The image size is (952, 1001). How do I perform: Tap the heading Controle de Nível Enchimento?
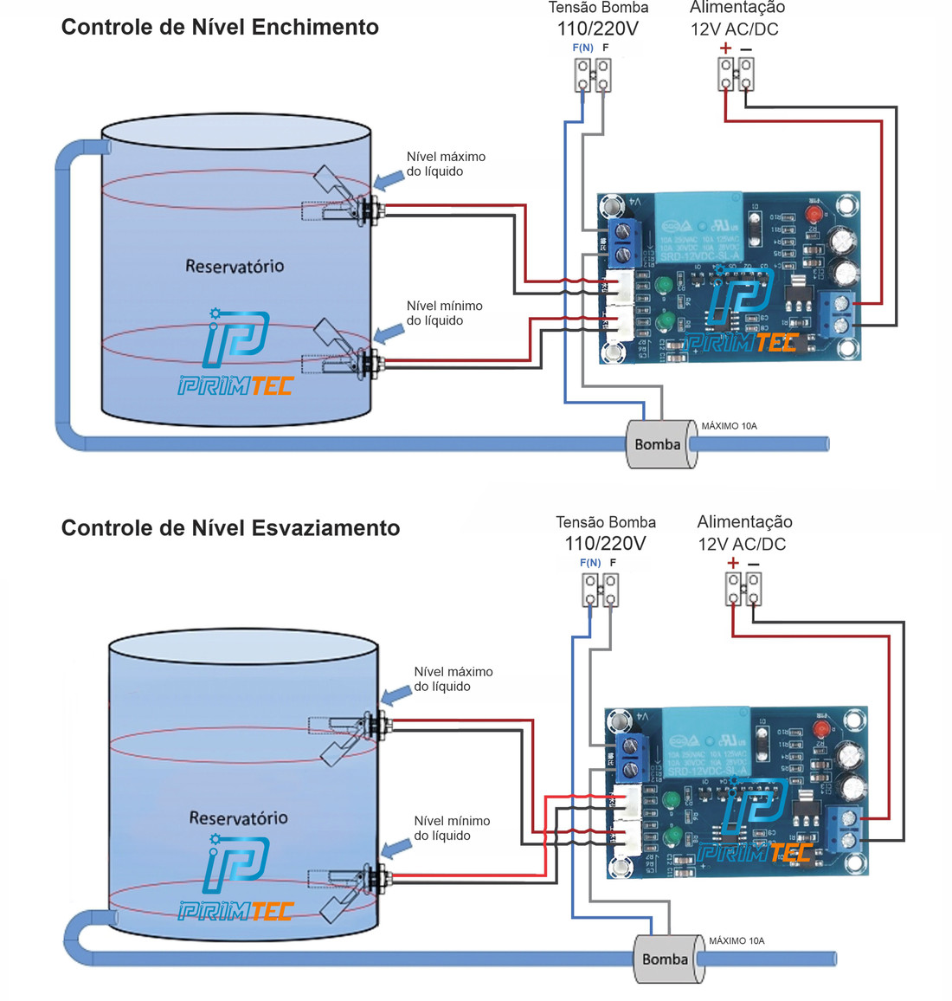click(x=220, y=27)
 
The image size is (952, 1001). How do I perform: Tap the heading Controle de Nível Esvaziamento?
click(x=230, y=528)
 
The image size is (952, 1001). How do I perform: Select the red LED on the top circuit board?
click(x=814, y=214)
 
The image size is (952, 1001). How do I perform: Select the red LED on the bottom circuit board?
click(x=820, y=728)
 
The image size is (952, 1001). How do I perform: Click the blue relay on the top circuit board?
click(x=699, y=228)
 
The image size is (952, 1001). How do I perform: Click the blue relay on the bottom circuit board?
click(x=706, y=742)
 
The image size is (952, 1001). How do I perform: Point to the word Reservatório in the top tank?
click(x=235, y=266)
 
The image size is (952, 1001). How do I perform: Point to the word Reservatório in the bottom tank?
click(x=238, y=817)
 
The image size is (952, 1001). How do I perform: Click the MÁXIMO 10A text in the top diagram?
click(x=729, y=426)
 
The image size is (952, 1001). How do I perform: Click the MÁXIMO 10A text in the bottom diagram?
click(x=737, y=940)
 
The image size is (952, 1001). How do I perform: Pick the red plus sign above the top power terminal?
click(x=725, y=48)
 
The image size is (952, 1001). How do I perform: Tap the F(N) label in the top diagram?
click(x=583, y=48)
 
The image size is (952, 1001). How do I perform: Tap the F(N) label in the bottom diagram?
click(x=590, y=563)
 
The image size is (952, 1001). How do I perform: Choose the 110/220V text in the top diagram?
click(x=598, y=29)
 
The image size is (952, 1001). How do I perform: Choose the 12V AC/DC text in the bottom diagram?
click(x=742, y=544)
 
